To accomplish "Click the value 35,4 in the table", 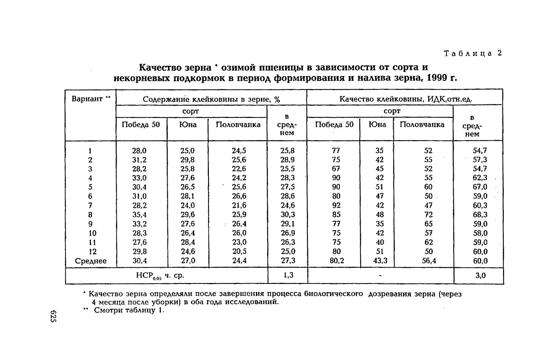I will coord(139,215).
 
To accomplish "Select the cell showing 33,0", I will coord(139,178).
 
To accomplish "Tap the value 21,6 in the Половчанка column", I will coord(239,205).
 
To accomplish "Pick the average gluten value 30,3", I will coord(287,215).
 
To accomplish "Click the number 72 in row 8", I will coord(428,215).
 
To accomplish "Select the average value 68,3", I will coord(480,215).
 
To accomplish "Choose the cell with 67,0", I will coord(480,187).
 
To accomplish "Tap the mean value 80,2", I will coord(337,260).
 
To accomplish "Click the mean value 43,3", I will coord(380,260).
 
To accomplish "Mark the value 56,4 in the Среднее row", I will coord(429,260).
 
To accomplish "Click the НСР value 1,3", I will coord(288,276).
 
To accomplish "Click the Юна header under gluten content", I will coord(188,125).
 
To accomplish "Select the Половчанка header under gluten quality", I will coord(422,125).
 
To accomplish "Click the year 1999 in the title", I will coord(431,78).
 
